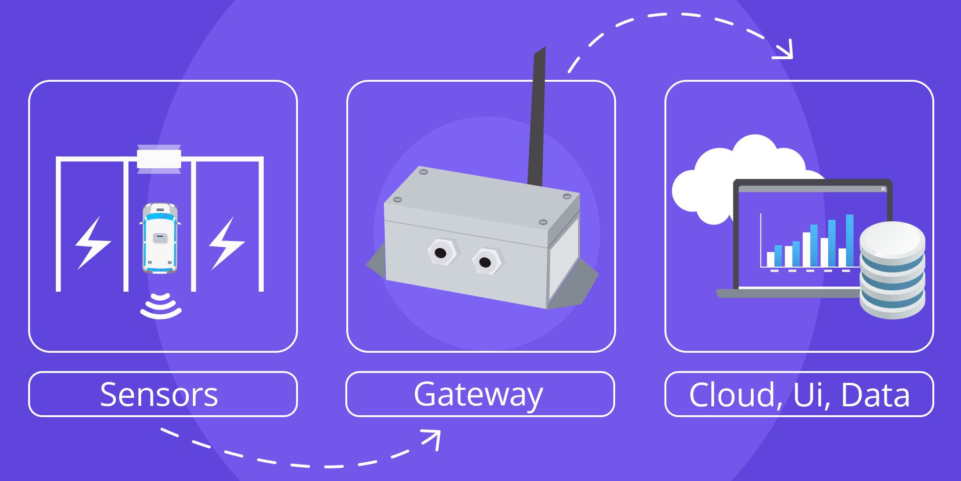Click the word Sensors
coord(159,395)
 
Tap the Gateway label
coord(478,395)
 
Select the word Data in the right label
coord(875,395)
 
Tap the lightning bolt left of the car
coord(93,243)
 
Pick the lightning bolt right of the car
coord(227,243)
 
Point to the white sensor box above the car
coord(159,159)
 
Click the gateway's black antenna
coord(537,117)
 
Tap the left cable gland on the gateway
coord(441,253)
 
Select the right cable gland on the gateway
coord(486,262)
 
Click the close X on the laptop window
coord(883,189)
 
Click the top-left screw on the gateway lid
coord(423,172)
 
